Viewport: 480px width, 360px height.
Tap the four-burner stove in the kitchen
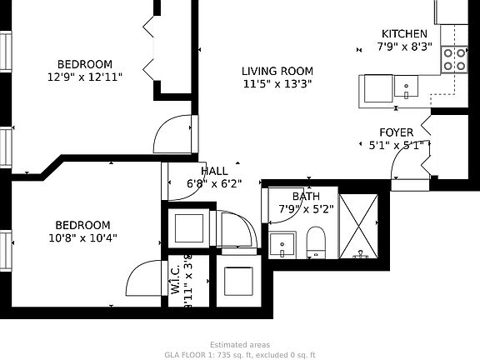[455, 59]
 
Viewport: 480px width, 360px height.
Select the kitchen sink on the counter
[406, 86]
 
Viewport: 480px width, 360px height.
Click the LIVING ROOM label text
[277, 71]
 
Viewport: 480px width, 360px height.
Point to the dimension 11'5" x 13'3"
[277, 83]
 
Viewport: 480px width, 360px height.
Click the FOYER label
[397, 132]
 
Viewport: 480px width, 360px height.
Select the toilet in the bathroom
[316, 242]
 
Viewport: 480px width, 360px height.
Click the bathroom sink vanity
[283, 246]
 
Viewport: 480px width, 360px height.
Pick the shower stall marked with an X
[361, 224]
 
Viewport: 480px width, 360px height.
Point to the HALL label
[214, 171]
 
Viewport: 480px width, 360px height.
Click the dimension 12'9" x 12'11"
[84, 77]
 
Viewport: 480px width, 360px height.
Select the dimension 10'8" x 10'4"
[82, 237]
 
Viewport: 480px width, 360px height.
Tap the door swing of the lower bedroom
[150, 278]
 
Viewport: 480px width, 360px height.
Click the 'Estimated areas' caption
[239, 344]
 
